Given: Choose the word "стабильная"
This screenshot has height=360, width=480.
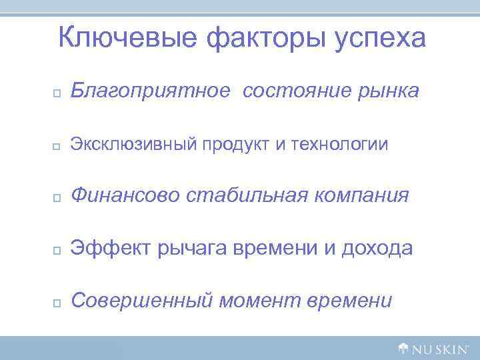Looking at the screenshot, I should (x=247, y=196).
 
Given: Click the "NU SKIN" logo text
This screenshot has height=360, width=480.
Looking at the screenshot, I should (x=442, y=348).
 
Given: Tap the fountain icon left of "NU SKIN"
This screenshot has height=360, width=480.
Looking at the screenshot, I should (x=403, y=347).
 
